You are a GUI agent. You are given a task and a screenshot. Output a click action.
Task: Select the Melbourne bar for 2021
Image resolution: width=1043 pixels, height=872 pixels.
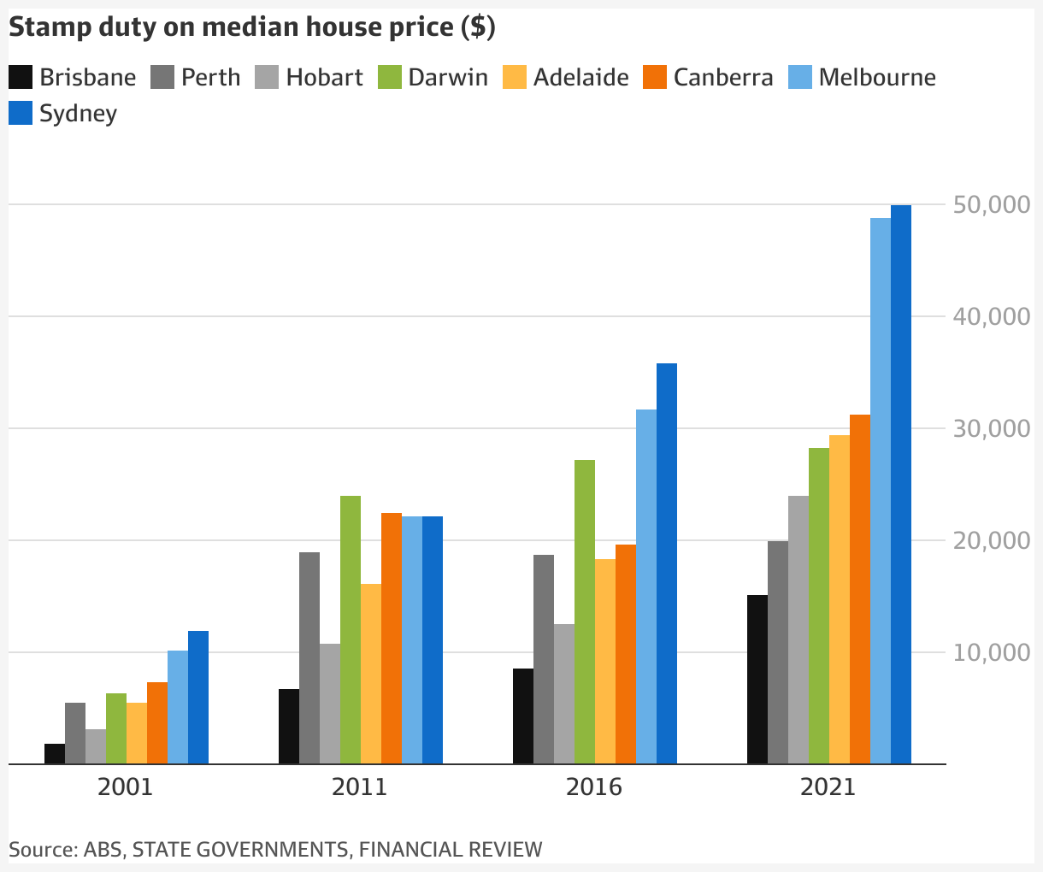pyautogui.click(x=881, y=491)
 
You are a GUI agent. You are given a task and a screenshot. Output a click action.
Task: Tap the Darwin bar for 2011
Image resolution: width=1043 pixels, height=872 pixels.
pyautogui.click(x=351, y=629)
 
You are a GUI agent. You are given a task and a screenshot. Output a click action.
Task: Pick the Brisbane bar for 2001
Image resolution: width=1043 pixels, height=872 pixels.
pyautogui.click(x=55, y=753)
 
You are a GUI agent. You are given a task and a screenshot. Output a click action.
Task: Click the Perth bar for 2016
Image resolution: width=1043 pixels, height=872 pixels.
pyautogui.click(x=544, y=659)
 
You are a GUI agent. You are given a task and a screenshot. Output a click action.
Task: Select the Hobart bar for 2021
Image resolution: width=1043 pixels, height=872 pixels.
pyautogui.click(x=798, y=629)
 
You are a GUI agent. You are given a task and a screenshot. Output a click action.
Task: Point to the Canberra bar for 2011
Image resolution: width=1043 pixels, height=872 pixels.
pyautogui.click(x=392, y=638)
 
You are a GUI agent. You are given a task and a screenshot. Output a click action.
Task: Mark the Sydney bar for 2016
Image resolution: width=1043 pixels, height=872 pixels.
pyautogui.click(x=667, y=563)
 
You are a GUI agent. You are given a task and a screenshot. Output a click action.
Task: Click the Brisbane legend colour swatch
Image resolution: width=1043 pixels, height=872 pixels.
pyautogui.click(x=21, y=77)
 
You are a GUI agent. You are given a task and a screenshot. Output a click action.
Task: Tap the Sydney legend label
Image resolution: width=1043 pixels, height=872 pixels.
pyautogui.click(x=78, y=114)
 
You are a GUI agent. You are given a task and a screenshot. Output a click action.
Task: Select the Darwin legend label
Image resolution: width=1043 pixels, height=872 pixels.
pyautogui.click(x=448, y=77)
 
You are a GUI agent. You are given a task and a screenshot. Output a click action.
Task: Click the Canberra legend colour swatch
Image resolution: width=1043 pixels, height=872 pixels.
pyautogui.click(x=655, y=77)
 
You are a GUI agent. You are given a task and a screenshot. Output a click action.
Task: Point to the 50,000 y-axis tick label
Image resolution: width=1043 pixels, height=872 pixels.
pyautogui.click(x=991, y=205)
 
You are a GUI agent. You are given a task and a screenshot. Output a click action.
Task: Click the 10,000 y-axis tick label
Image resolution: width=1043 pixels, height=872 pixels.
pyautogui.click(x=991, y=652)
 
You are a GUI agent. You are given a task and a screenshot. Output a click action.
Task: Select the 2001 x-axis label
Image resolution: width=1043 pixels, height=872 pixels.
pyautogui.click(x=126, y=787)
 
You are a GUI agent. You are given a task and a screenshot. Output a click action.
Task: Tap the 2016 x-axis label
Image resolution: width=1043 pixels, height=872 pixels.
pyautogui.click(x=594, y=787)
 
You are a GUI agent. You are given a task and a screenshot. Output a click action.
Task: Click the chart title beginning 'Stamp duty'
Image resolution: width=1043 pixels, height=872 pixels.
pyautogui.click(x=252, y=27)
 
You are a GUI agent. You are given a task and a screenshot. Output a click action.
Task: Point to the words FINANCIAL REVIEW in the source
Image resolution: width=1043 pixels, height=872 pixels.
pyautogui.click(x=451, y=849)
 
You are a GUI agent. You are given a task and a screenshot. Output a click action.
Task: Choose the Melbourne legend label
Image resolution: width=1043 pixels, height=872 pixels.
pyautogui.click(x=877, y=77)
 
